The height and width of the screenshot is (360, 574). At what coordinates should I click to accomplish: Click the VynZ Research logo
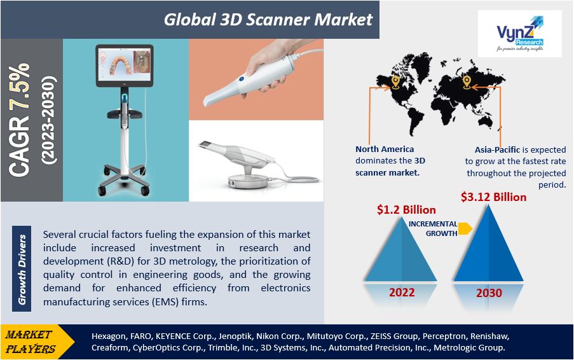520,34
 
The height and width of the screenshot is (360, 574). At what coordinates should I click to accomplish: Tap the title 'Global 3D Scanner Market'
268,20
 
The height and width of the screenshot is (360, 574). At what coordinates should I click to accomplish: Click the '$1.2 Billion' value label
406,210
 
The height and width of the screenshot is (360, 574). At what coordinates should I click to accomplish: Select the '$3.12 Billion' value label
493,197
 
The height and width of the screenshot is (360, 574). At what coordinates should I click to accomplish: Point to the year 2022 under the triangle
402,292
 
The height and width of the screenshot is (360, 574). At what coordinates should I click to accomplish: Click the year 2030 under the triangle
489,293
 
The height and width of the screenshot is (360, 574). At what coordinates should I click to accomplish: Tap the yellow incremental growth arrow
465,228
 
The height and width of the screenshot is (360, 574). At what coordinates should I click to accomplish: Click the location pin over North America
395,82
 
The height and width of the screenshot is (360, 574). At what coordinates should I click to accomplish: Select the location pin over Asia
466,82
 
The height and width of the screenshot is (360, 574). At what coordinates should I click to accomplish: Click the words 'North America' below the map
385,149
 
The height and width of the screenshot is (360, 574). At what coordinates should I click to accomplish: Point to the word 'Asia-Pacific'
497,149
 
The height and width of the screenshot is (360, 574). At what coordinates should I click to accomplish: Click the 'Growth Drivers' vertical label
22,269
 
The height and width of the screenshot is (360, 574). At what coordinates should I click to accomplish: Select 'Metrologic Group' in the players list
469,347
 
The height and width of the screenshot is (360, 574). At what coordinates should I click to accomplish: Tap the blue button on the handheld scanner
242,78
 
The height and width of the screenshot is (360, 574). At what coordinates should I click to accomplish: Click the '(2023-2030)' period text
49,120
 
